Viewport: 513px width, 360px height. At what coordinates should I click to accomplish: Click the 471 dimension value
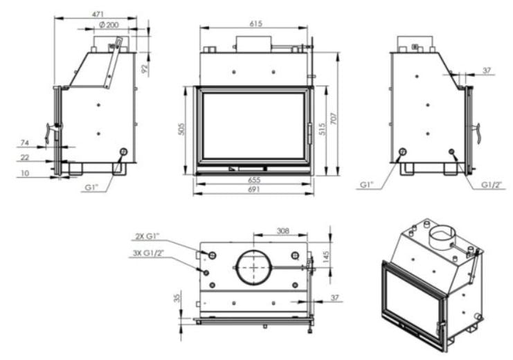98,14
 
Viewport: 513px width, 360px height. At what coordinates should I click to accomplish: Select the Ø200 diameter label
109,25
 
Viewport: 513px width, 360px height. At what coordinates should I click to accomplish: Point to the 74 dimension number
25,143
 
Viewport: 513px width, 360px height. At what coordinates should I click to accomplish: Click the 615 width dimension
256,24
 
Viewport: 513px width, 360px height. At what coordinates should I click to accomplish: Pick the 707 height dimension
334,118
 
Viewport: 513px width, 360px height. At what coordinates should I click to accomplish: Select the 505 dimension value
182,129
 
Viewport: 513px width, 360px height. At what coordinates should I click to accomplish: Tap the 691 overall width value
254,190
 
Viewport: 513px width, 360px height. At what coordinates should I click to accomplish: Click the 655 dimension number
254,180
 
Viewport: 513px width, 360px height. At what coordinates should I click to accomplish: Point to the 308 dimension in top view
283,231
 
